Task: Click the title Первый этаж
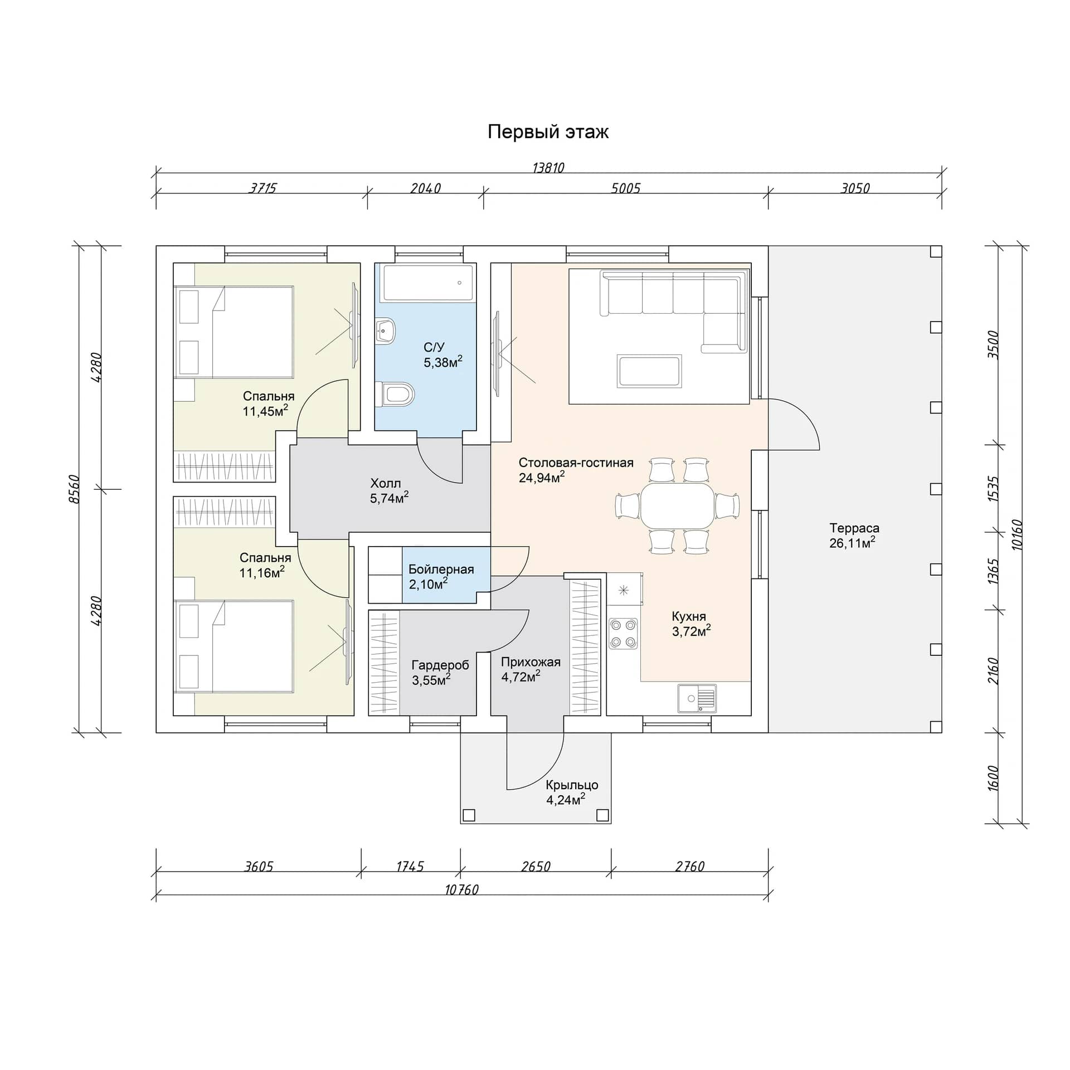pyautogui.click(x=548, y=132)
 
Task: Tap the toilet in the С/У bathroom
pyautogui.click(x=395, y=394)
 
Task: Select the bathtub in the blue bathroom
pyautogui.click(x=426, y=283)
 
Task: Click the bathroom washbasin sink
pyautogui.click(x=386, y=330)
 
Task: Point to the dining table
pyautogui.click(x=677, y=506)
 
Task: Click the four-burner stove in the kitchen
pyautogui.click(x=623, y=633)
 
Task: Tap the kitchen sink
pyautogui.click(x=697, y=698)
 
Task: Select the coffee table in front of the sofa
pyautogui.click(x=649, y=371)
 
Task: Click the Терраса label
pyautogui.click(x=854, y=528)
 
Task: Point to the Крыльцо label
pyautogui.click(x=572, y=785)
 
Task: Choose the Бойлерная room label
pyautogui.click(x=441, y=570)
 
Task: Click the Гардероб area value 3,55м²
pyautogui.click(x=431, y=680)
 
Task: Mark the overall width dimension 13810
pyautogui.click(x=548, y=168)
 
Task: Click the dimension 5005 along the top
pyautogui.click(x=625, y=188)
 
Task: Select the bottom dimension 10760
pyautogui.click(x=462, y=890)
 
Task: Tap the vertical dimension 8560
pyautogui.click(x=75, y=489)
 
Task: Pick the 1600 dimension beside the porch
pyautogui.click(x=993, y=778)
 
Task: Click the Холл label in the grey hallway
pyautogui.click(x=385, y=483)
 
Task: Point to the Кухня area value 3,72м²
pyautogui.click(x=691, y=631)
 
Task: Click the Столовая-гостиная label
pyautogui.click(x=576, y=463)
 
